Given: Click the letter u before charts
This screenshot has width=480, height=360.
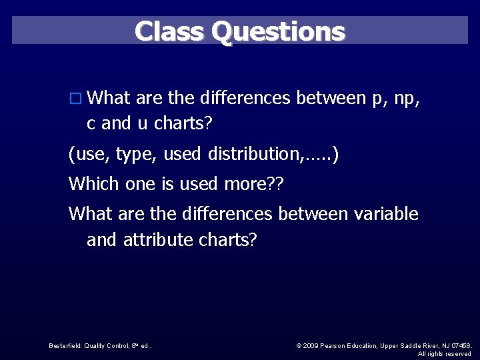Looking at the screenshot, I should [x=143, y=123].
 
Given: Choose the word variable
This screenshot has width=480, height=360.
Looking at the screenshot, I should [x=386, y=214].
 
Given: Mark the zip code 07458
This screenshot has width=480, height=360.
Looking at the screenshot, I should [x=460, y=345].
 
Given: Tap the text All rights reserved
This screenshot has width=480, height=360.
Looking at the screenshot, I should [x=445, y=353].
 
